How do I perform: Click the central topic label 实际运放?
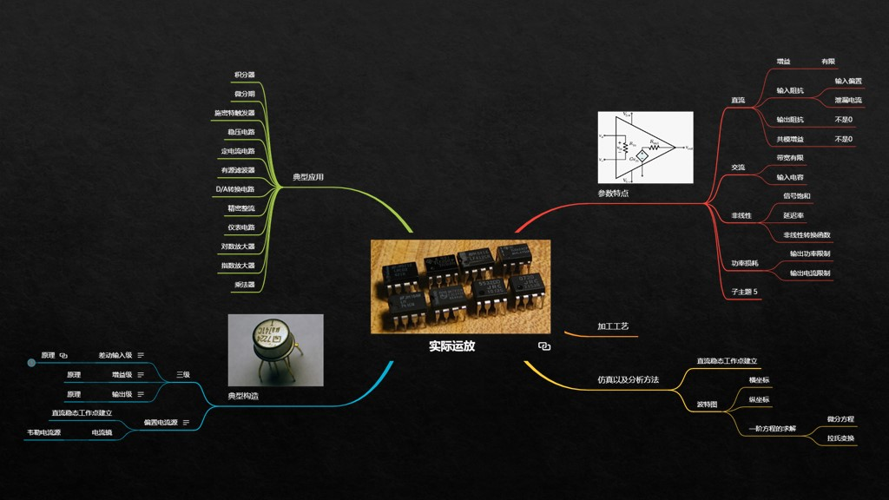point(451,345)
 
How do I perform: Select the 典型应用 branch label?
point(308,177)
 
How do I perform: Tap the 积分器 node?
point(245,76)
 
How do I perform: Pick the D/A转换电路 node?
point(235,189)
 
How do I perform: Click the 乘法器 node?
point(245,285)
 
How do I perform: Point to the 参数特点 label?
point(613,194)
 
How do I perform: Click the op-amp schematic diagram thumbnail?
point(645,148)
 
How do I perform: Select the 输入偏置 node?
point(848,81)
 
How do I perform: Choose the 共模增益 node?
point(790,139)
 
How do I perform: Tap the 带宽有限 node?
point(790,158)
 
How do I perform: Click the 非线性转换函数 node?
point(807,234)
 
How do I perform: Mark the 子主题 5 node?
point(745,292)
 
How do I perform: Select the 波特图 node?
point(708,405)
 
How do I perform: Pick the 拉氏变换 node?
point(840,438)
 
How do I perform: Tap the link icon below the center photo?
point(544,345)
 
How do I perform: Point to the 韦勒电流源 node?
point(44,432)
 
